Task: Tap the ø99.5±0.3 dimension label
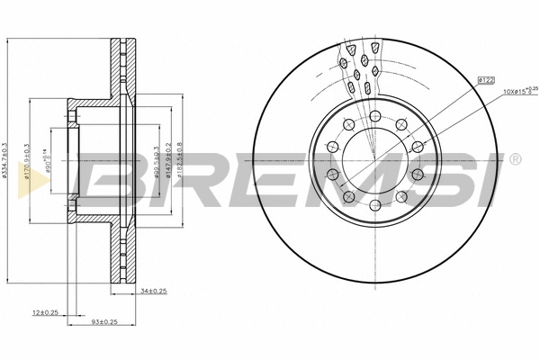156,163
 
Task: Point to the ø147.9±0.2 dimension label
168,163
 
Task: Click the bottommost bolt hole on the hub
373,206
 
